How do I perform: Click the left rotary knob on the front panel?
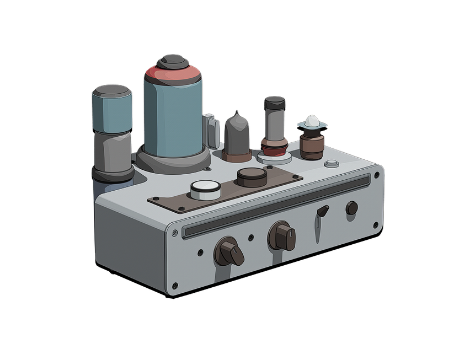coord(228,251)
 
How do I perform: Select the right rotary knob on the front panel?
coord(281,236)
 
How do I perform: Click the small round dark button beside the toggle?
coord(351,208)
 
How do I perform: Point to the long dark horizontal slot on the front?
coord(276,205)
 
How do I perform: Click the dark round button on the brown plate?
coord(252,176)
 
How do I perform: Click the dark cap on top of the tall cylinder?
coord(172,60)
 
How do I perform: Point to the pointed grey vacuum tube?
coord(237,135)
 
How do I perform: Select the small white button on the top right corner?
coord(331,163)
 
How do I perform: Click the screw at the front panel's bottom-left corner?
coord(175,286)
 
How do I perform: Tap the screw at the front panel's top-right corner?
coord(377,175)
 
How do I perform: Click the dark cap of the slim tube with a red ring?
coord(274,101)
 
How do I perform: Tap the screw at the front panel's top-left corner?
coord(175,233)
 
